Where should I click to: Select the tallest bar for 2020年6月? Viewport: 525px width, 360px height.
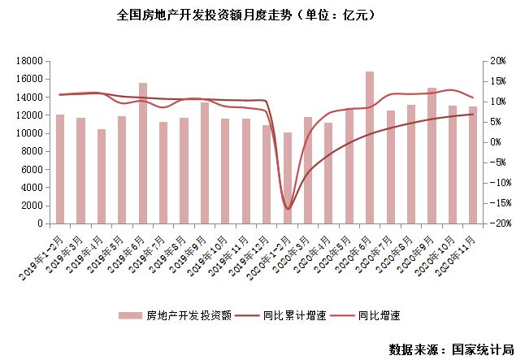[x=370, y=147]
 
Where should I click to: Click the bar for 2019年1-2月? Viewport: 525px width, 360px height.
[x=59, y=168]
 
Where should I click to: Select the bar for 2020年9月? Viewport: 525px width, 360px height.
[x=432, y=155]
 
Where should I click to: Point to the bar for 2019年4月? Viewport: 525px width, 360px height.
[x=101, y=176]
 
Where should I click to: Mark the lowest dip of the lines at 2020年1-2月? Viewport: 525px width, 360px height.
[x=288, y=209]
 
